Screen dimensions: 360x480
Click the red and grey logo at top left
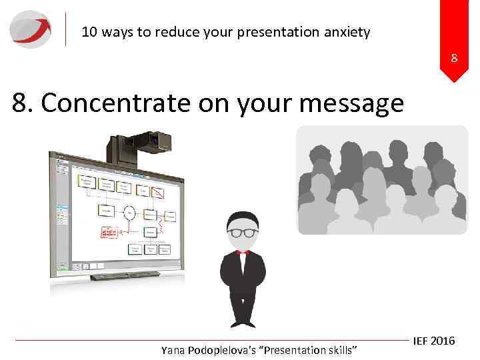[x=30, y=29]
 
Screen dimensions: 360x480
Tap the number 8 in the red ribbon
[x=454, y=58]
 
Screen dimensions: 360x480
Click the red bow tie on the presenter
[x=243, y=252]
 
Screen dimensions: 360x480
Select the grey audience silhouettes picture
[x=382, y=180]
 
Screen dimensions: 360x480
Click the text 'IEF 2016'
[x=433, y=341]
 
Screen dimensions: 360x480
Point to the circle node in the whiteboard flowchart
[x=131, y=212]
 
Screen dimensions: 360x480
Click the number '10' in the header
[x=90, y=31]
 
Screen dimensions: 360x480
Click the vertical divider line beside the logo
[x=66, y=29]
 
